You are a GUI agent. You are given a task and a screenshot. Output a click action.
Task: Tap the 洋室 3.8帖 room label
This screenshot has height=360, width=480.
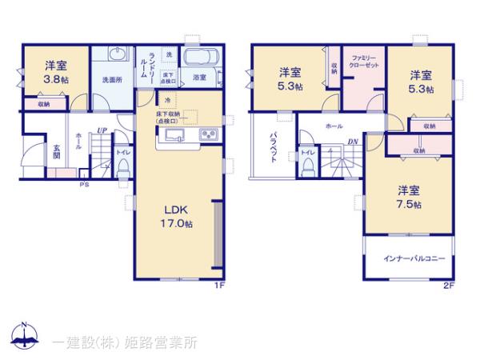click(x=55, y=73)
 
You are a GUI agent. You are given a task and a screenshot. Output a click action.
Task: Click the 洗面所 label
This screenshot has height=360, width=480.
click(x=111, y=80)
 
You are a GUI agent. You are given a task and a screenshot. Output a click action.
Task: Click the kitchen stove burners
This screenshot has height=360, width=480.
click(x=209, y=134)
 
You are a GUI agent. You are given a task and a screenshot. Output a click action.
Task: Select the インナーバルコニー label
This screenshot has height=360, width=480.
click(x=414, y=259)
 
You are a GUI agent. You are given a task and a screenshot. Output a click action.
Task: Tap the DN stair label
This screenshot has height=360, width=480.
click(x=352, y=142)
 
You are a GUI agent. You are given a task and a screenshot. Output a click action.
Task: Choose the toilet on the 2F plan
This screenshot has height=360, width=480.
click(x=309, y=163)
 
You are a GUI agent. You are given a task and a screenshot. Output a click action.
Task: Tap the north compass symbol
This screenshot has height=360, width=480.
click(x=24, y=337)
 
